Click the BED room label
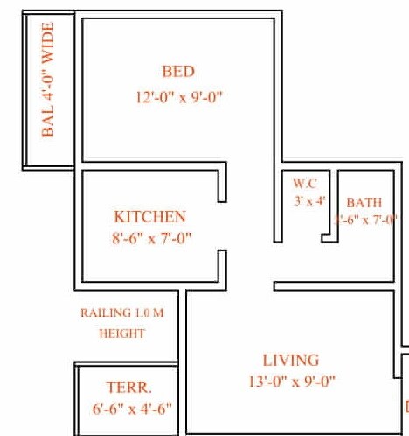tap(177, 72)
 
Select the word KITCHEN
tap(150, 216)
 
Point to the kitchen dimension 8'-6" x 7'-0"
tap(150, 237)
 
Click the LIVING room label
tap(291, 360)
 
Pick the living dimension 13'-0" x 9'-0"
tap(292, 381)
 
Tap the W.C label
tap(304, 184)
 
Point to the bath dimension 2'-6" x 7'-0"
tap(365, 220)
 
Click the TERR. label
tap(128, 387)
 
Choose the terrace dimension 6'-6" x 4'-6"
tap(132, 408)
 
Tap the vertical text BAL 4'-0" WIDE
tap(49, 93)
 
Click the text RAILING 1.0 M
tap(121, 313)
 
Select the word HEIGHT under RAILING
tap(121, 333)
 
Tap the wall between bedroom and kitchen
tap(153, 165)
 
